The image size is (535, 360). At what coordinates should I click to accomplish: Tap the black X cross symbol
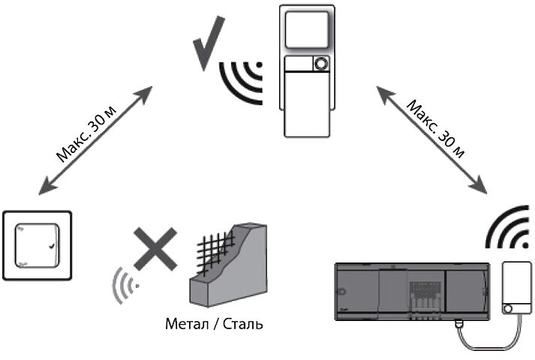click(x=156, y=250)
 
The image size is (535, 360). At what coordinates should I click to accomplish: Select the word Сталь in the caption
click(x=244, y=325)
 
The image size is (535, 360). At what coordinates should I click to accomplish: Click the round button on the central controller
click(x=320, y=65)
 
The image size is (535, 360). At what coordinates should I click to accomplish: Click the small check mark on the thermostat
click(x=50, y=247)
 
